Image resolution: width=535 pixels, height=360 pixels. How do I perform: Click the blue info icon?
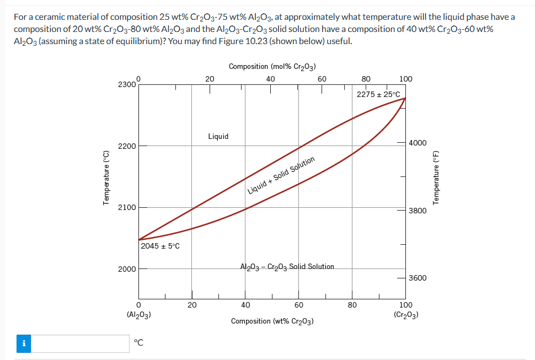pyautogui.click(x=24, y=343)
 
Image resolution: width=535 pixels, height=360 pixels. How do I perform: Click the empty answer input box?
pyautogui.click(x=84, y=343)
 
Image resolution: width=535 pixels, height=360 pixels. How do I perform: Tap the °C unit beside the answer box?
pyautogui.click(x=140, y=343)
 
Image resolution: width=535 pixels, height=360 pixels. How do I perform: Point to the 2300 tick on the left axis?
pyautogui.click(x=126, y=84)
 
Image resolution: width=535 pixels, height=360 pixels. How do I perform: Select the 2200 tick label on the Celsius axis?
pyautogui.click(x=126, y=146)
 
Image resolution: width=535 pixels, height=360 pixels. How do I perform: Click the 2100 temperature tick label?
pyautogui.click(x=126, y=207)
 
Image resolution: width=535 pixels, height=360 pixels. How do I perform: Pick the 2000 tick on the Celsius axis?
pyautogui.click(x=126, y=269)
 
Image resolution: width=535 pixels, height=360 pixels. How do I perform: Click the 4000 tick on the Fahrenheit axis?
pyautogui.click(x=418, y=143)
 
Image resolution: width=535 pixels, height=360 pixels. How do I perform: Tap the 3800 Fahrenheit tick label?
pyautogui.click(x=418, y=211)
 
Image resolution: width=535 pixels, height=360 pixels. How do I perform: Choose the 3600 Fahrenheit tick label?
pyautogui.click(x=418, y=278)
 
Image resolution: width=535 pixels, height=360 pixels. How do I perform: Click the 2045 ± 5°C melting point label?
pyautogui.click(x=160, y=246)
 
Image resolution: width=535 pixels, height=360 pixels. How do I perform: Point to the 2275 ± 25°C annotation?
pyautogui.click(x=378, y=94)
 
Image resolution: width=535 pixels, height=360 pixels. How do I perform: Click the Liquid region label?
pyautogui.click(x=218, y=136)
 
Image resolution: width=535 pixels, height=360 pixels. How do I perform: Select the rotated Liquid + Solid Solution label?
pyautogui.click(x=281, y=176)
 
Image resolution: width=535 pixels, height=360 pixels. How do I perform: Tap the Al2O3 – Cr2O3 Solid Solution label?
pyautogui.click(x=287, y=267)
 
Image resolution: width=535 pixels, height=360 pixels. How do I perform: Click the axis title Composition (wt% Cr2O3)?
pyautogui.click(x=272, y=321)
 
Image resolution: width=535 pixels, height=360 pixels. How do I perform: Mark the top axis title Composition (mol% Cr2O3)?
pyautogui.click(x=272, y=67)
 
